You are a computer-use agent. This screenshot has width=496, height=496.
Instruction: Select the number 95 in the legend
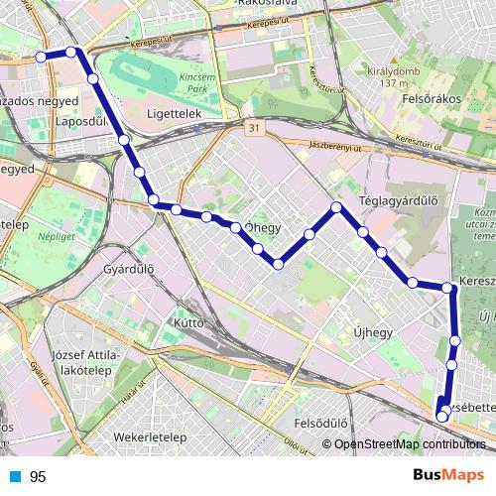pyautogui.click(x=38, y=477)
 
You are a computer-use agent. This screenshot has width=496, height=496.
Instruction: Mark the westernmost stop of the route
pyautogui.click(x=41, y=57)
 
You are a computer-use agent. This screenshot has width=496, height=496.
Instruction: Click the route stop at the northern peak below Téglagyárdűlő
pyautogui.click(x=336, y=207)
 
